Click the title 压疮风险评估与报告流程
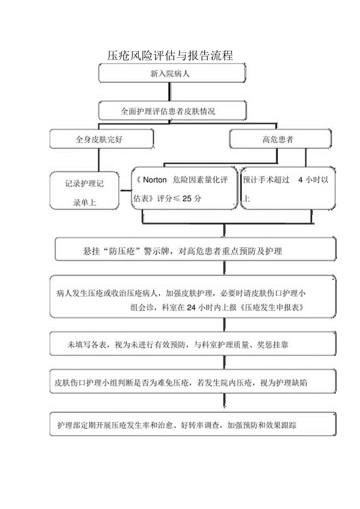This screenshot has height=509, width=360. [170, 56]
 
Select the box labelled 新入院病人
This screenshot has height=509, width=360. [172, 74]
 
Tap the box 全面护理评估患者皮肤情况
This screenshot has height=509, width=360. [172, 111]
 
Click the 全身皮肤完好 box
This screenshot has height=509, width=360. [101, 140]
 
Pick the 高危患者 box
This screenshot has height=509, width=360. [279, 140]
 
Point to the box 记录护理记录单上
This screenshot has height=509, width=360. [85, 191]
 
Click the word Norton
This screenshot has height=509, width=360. [155, 180]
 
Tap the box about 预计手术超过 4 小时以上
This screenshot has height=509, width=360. [288, 189]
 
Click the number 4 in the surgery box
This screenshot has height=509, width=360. [301, 180]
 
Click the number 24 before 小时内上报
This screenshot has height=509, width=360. [191, 308]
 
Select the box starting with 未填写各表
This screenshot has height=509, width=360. [193, 344]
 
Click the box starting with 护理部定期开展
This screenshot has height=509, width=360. [193, 424]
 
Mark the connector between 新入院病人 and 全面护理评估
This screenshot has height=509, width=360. [169, 92]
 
